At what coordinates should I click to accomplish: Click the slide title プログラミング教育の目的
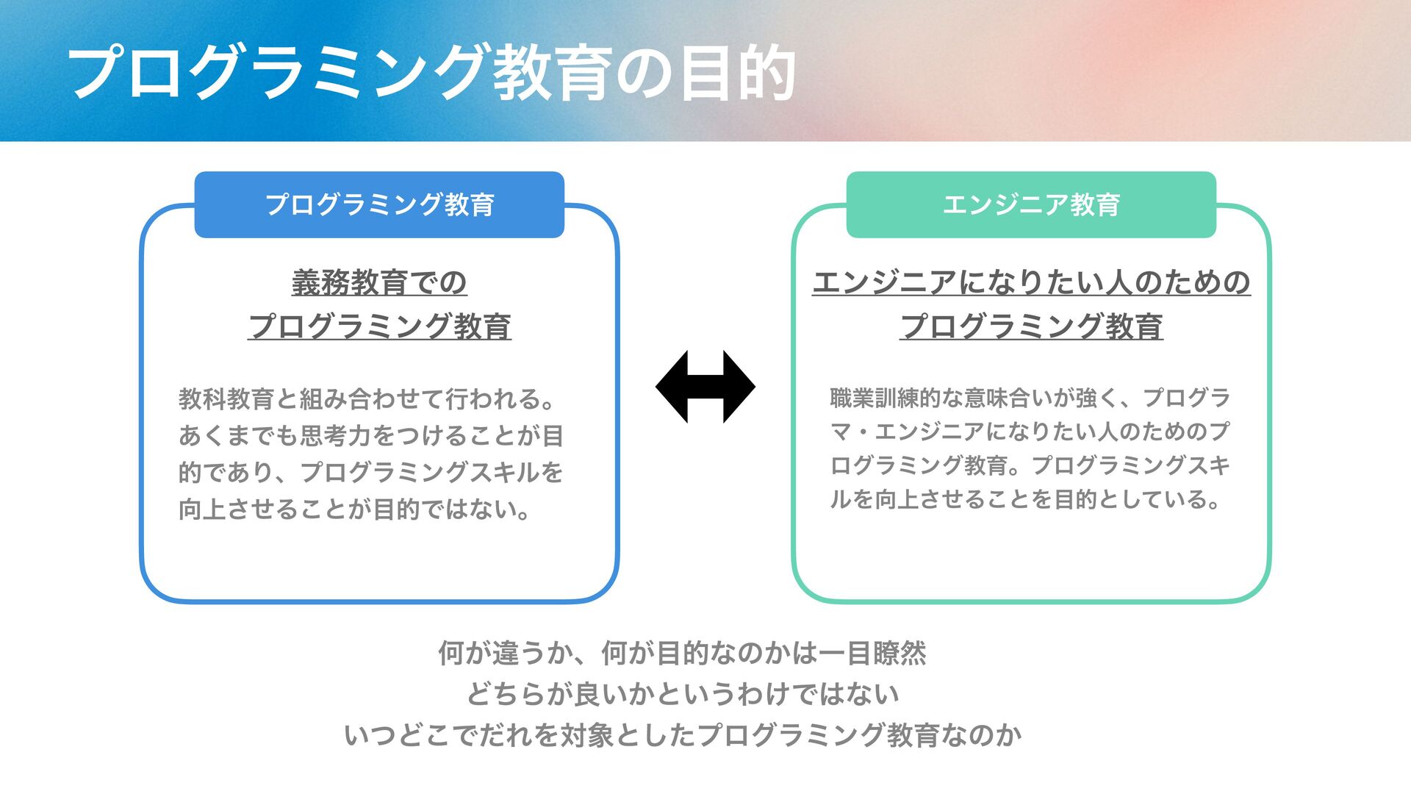coord(432,73)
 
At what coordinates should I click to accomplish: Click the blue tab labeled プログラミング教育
coord(379,204)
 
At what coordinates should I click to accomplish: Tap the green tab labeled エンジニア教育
coord(1031,204)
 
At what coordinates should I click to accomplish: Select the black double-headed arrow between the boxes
coord(705,387)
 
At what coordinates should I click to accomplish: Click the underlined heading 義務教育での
coord(379,283)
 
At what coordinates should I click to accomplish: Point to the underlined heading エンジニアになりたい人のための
coord(1031,283)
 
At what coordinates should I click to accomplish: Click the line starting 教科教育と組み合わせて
coord(367,399)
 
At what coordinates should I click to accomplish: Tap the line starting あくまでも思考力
coord(371,436)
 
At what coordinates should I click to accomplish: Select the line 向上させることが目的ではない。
coord(355,509)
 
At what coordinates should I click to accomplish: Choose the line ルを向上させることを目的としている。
coord(1026,500)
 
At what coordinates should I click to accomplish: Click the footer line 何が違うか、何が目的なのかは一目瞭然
coord(682,653)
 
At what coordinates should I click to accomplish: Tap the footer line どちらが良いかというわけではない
coord(683,694)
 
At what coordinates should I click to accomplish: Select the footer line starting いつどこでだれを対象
coord(683,735)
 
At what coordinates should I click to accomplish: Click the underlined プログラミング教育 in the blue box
coord(379,326)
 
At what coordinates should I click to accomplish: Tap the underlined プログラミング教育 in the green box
coord(1031,326)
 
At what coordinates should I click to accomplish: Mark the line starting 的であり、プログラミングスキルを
coord(371,472)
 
